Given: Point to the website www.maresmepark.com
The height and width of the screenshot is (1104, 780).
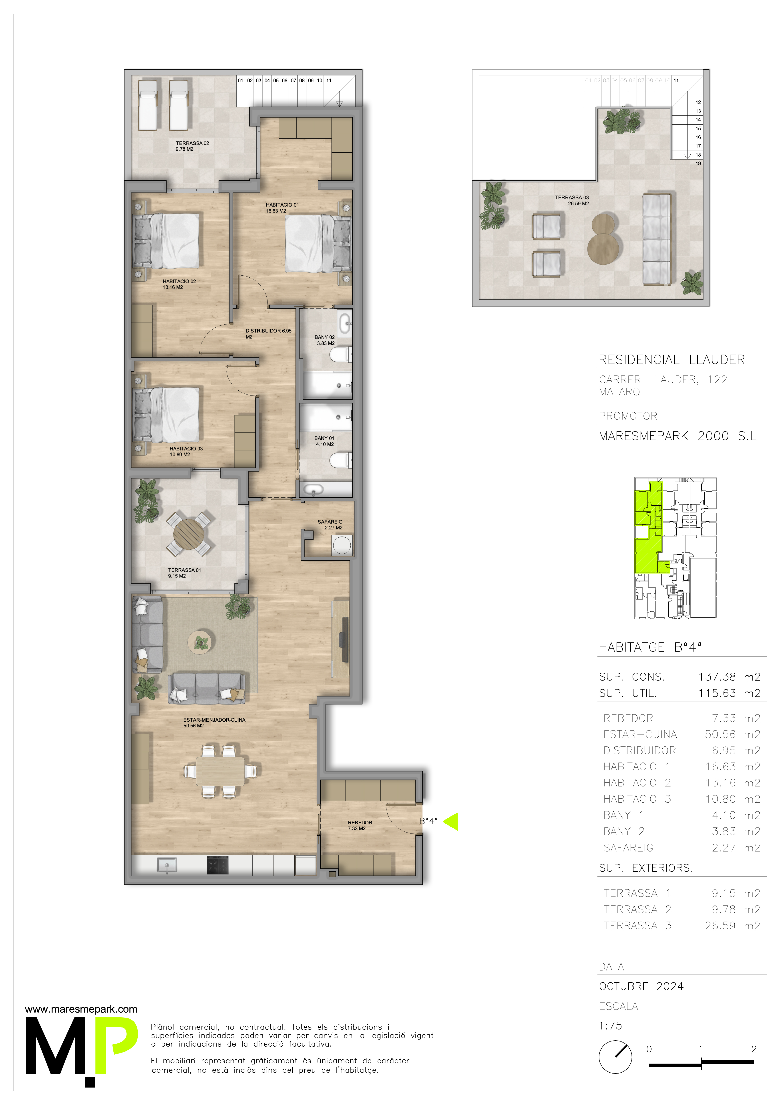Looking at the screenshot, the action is click(x=81, y=1009).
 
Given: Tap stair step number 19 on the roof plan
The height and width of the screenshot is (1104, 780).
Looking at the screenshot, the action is click(x=698, y=163).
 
